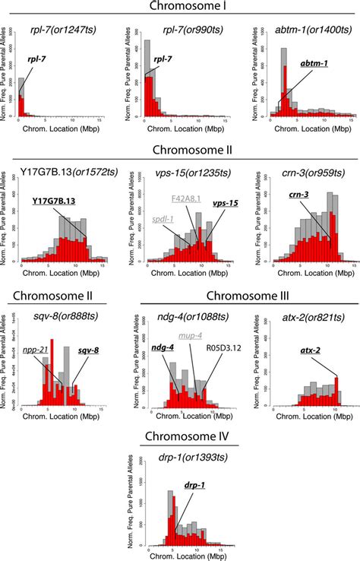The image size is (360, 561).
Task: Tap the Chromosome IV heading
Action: pyautogui.click(x=180, y=438)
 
